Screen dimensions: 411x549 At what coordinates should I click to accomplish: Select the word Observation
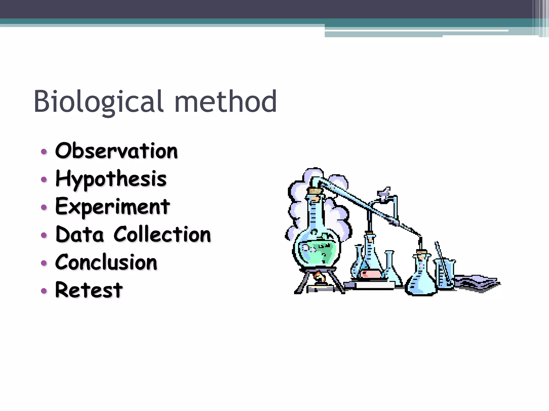point(116,151)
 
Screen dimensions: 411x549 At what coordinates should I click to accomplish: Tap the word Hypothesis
point(111,179)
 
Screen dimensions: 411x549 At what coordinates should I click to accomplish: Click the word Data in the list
point(80,234)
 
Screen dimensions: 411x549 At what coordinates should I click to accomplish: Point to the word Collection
point(162,234)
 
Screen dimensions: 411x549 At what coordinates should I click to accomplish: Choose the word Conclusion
point(106,262)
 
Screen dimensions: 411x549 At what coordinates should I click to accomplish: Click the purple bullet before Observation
point(44,152)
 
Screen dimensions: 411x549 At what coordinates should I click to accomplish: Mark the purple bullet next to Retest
point(44,291)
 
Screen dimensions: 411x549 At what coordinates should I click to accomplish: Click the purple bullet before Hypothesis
point(44,180)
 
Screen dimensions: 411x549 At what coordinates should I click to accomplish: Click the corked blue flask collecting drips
point(421,278)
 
